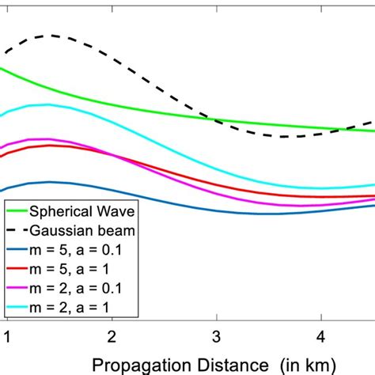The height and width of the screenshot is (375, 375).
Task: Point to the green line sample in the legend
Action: [16, 211]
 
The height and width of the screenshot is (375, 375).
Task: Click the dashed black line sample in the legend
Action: [16, 230]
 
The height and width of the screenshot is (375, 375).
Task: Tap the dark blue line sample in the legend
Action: [16, 249]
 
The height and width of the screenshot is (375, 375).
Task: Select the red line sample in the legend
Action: [16, 268]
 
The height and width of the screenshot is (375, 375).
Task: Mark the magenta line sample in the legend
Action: [16, 287]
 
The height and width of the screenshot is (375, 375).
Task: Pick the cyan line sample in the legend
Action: [16, 306]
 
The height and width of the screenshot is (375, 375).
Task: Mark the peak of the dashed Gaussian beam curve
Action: [52, 36]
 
